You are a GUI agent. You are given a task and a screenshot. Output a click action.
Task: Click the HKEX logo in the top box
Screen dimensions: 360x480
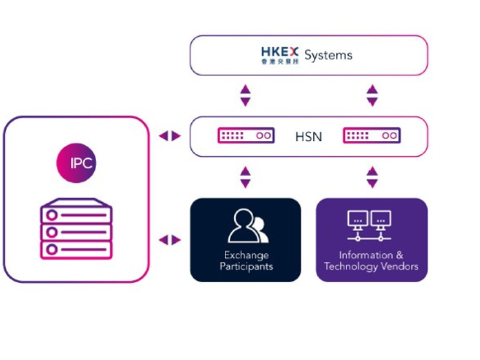[280, 52]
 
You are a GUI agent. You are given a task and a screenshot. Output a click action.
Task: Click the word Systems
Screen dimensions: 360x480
[328, 55]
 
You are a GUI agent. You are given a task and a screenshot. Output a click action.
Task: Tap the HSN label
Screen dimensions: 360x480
[308, 137]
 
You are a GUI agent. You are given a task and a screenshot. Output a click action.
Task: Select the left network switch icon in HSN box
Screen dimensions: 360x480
[246, 136]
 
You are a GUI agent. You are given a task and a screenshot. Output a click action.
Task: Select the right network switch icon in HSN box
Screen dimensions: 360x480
[371, 136]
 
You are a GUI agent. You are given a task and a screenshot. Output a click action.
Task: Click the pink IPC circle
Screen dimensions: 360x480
[76, 163]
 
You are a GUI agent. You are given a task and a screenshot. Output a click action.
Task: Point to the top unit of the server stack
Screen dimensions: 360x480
[76, 212]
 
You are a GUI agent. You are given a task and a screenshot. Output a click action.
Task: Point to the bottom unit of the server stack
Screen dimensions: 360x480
[76, 249]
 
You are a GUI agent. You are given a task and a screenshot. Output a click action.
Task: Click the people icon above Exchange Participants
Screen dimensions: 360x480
[247, 226]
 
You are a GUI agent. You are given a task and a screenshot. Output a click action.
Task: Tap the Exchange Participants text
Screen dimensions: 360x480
[246, 260]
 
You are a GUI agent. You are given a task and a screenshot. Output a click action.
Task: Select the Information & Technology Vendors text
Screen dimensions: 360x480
[371, 260]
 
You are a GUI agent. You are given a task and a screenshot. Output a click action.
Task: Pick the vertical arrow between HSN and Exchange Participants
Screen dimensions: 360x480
[245, 177]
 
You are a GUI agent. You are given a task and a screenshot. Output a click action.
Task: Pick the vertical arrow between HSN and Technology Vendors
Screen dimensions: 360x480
[372, 177]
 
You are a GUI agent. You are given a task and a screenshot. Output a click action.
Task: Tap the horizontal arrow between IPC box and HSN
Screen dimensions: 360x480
[169, 136]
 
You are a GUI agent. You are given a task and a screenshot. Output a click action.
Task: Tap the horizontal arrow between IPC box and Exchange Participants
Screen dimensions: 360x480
[169, 240]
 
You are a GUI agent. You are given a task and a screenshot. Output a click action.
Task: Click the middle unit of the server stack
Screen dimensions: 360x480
[76, 231]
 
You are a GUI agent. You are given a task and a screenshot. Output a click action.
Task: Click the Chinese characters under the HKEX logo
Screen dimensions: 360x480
[280, 61]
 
